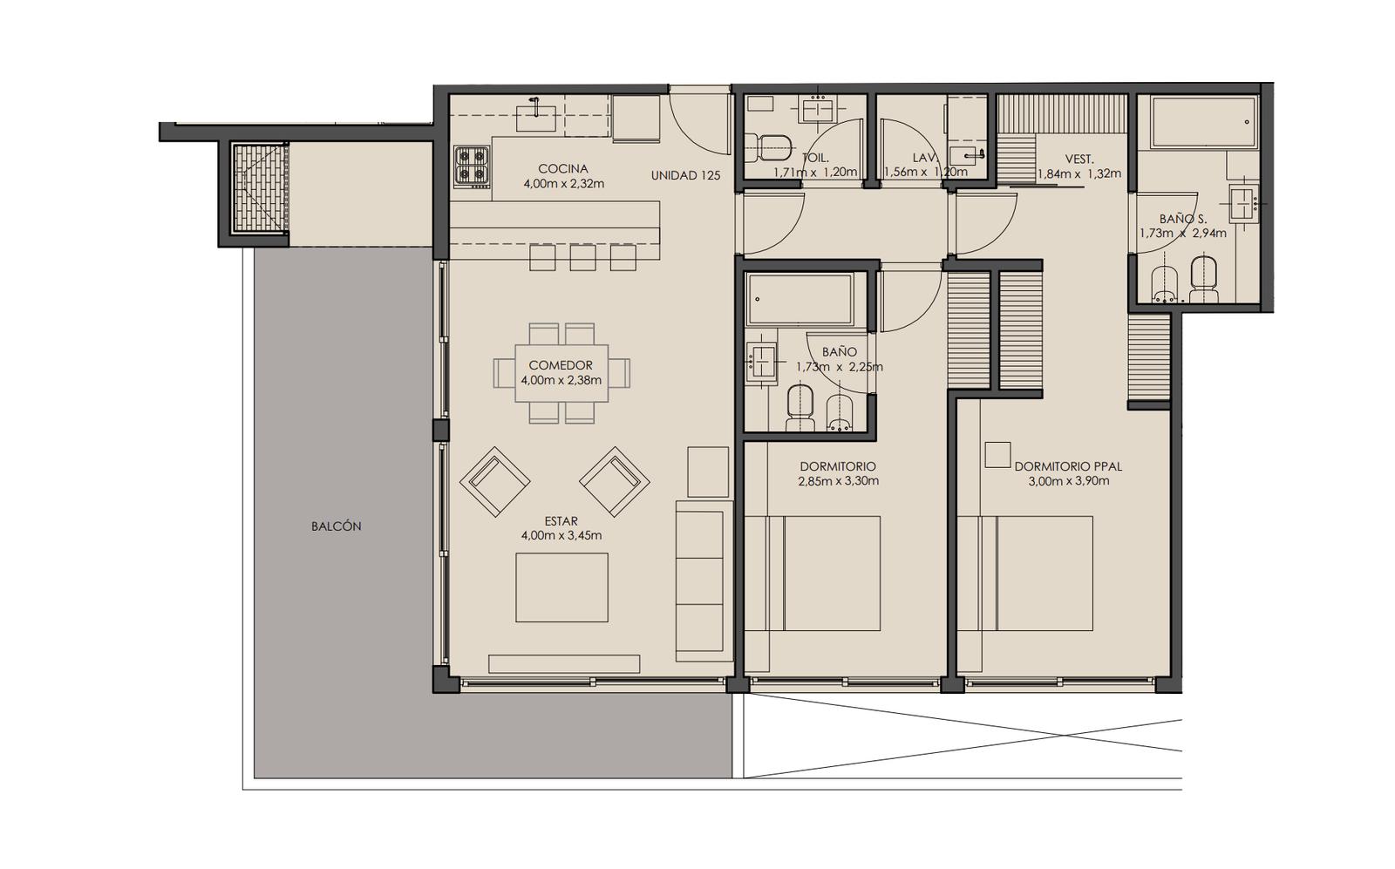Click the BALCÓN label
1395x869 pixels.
337,526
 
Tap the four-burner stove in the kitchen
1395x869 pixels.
472,166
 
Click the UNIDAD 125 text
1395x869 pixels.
685,175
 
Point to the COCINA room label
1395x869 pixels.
563,169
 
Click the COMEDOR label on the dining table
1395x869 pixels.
561,365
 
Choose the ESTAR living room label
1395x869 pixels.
561,521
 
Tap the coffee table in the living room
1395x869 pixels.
561,587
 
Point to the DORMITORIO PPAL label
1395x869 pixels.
1069,466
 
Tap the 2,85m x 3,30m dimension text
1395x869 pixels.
838,480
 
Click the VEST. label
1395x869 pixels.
1079,160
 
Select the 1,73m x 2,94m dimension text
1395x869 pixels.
1182,234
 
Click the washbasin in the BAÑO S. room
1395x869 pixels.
1243,203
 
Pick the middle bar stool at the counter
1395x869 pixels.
583,258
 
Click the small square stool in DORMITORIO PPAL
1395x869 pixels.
997,455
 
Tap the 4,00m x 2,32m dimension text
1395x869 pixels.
563,184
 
